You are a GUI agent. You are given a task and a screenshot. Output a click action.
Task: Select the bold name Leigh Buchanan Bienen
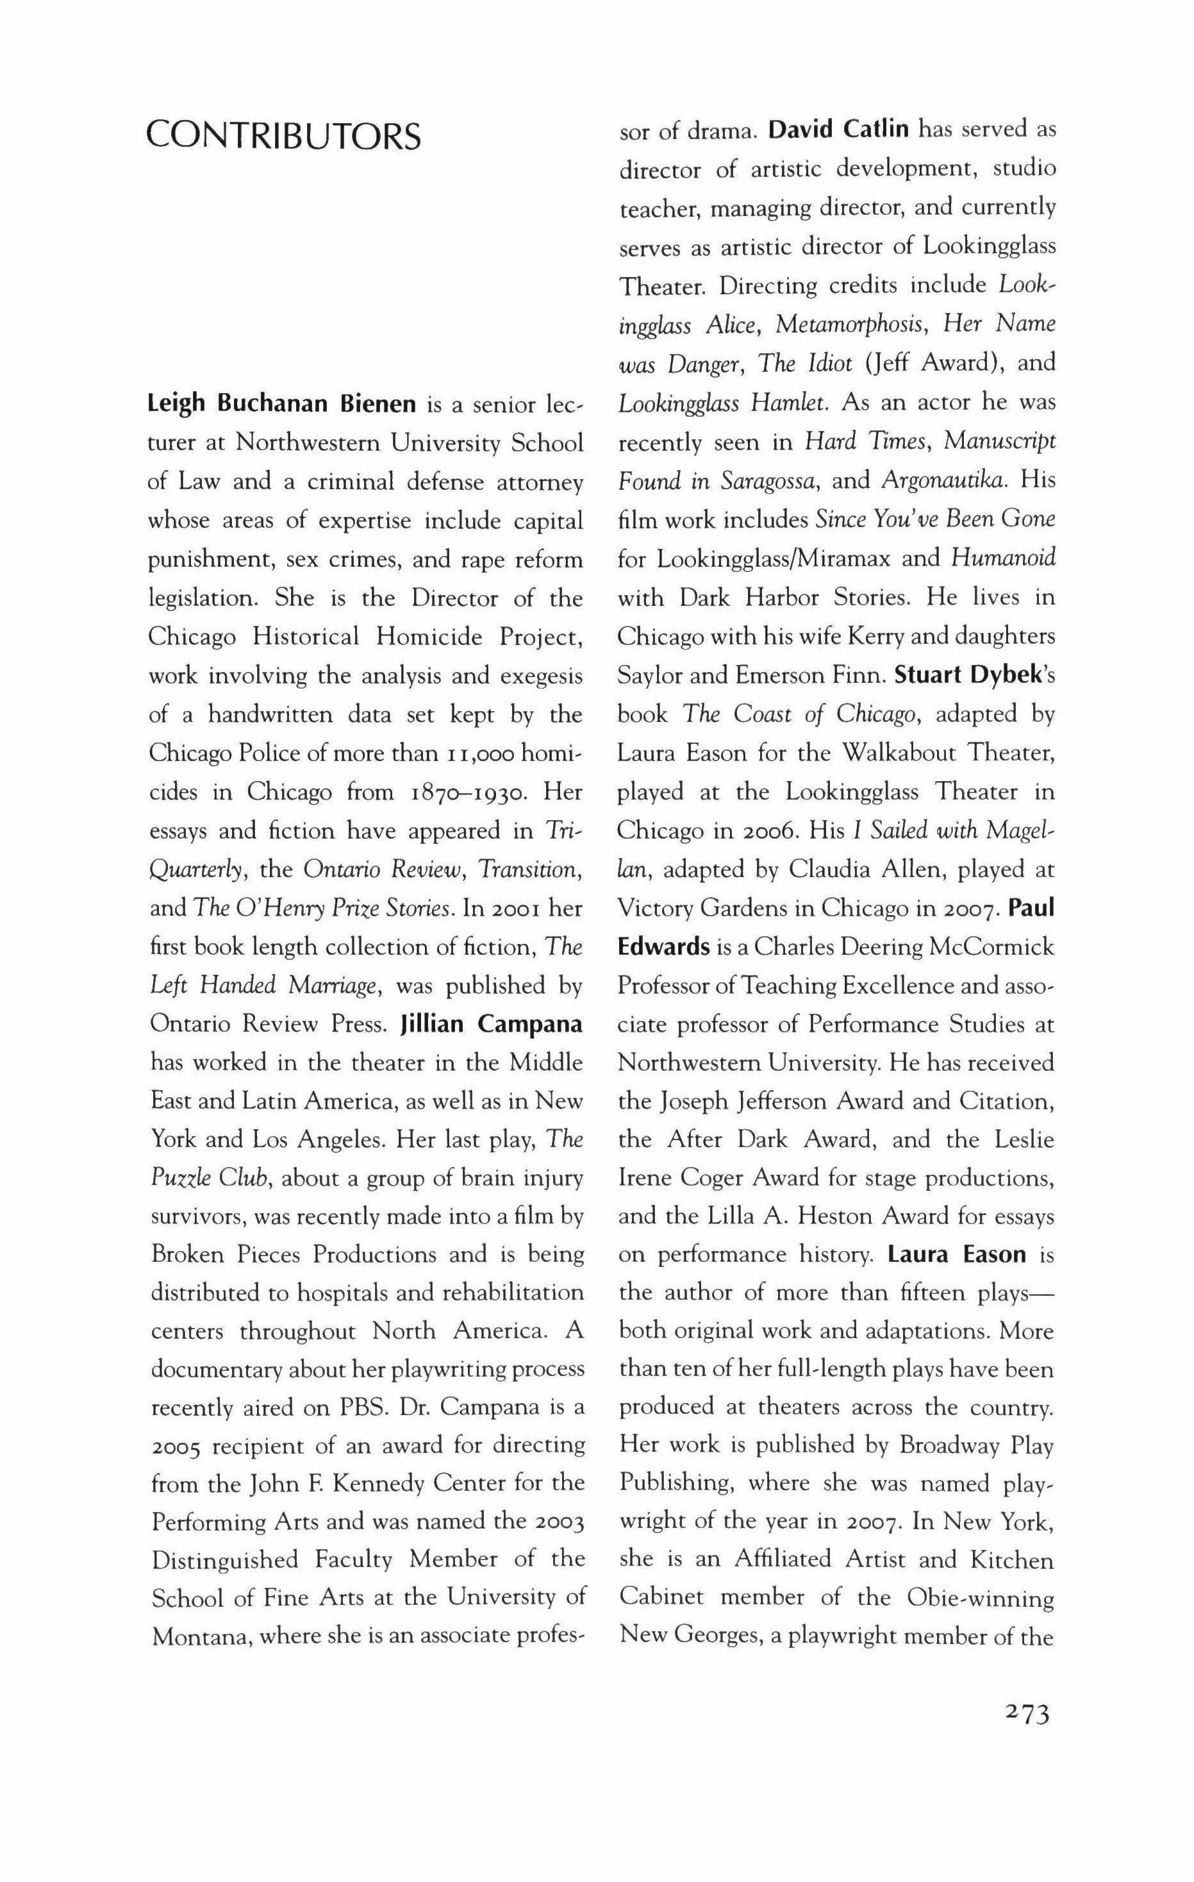click(285, 405)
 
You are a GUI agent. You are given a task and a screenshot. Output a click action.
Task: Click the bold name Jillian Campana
click(492, 1024)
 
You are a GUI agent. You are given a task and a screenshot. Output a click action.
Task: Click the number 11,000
click(465, 753)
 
